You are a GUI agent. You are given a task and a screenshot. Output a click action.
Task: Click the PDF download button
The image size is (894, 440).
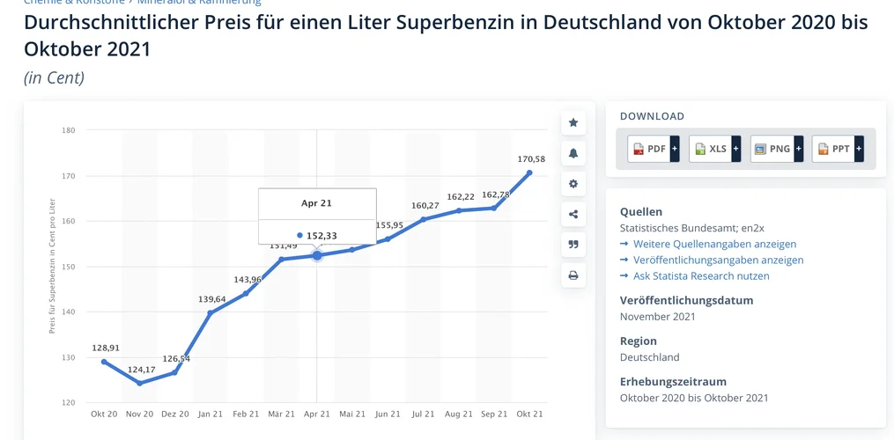(x=653, y=149)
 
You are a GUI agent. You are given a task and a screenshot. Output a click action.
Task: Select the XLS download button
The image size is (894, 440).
(x=714, y=149)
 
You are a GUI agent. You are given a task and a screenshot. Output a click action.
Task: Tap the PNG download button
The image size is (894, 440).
(x=776, y=149)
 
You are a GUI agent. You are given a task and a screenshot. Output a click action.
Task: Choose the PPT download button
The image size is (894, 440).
(x=838, y=149)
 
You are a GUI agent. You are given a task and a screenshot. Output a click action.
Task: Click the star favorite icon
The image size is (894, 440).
(x=573, y=122)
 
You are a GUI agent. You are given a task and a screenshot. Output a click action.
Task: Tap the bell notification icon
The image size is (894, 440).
(x=573, y=153)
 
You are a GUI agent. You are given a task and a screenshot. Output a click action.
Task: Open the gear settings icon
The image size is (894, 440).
(x=573, y=184)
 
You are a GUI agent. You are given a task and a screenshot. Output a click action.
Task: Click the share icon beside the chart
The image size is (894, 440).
(x=573, y=214)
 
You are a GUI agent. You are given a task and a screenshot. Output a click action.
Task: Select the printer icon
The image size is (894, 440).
(x=573, y=275)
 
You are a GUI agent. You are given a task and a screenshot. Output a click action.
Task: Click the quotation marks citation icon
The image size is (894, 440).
(x=573, y=245)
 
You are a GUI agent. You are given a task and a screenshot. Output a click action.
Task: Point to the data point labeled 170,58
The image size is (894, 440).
(x=529, y=172)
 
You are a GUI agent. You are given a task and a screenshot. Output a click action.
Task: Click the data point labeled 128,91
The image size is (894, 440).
(x=104, y=362)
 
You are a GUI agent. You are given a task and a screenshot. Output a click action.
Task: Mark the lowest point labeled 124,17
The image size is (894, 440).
(x=139, y=383)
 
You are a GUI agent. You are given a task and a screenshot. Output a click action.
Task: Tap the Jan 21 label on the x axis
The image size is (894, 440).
(x=211, y=414)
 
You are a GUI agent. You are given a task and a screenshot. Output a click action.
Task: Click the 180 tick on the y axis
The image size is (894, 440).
(x=69, y=130)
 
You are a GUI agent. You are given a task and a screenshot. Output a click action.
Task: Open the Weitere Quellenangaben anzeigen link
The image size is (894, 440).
(x=714, y=244)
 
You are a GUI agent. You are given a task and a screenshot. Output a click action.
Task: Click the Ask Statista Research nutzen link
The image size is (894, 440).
(x=701, y=275)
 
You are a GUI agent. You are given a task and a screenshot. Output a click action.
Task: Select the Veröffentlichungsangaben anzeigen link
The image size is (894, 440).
(x=718, y=260)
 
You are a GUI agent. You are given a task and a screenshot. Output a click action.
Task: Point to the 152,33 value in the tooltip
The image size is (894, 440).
(x=321, y=236)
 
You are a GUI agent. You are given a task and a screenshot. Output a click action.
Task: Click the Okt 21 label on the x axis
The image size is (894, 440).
(x=529, y=414)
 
